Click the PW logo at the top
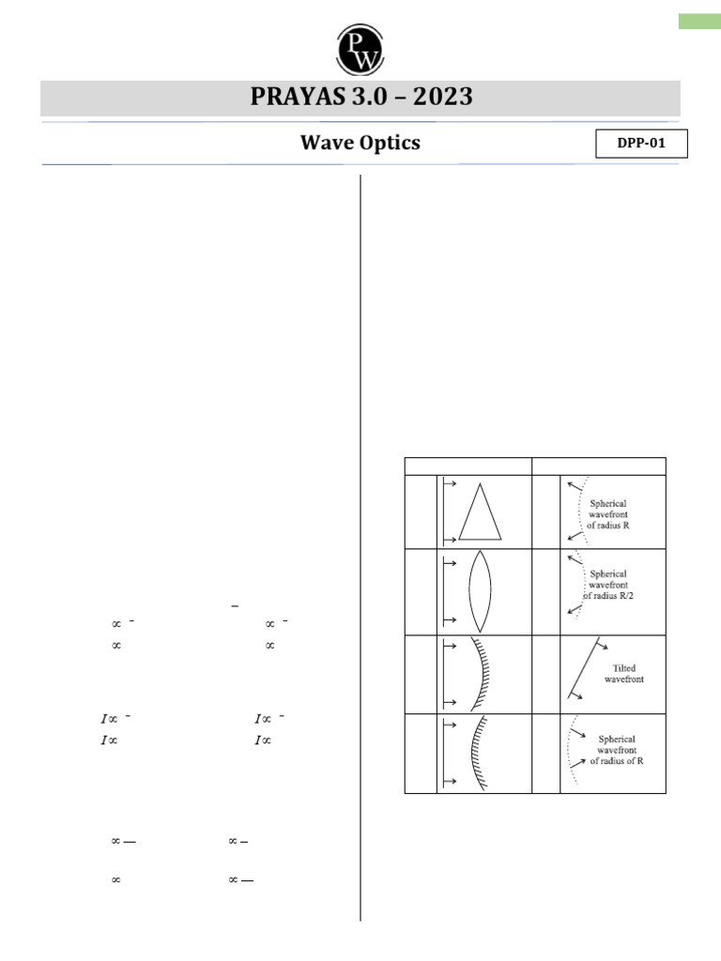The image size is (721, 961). pos(360,46)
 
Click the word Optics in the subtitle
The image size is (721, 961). pos(389,144)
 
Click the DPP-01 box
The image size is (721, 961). pos(641,144)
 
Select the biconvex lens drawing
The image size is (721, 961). pos(480,593)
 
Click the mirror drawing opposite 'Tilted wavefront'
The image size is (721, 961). pos(486,675)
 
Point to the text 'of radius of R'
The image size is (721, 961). pos(619,762)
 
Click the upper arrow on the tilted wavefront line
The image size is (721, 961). pos(603,648)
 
